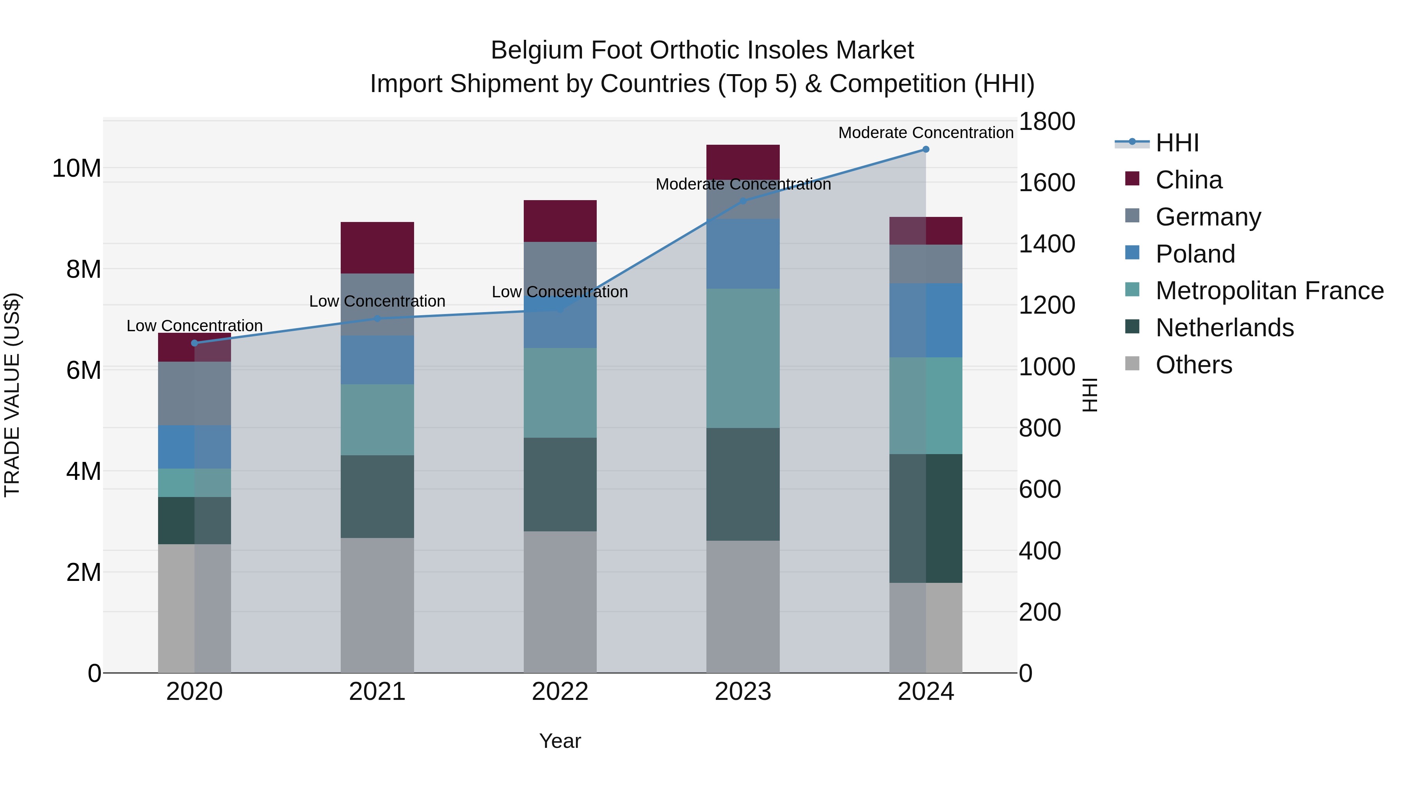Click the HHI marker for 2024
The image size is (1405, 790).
click(x=926, y=149)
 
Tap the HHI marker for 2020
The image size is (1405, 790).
click(x=195, y=343)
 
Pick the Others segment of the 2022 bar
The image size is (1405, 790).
click(x=560, y=602)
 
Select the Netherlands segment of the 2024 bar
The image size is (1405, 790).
click(x=926, y=518)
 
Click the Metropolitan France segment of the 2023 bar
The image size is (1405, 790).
click(x=743, y=358)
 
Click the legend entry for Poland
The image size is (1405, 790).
click(x=1195, y=254)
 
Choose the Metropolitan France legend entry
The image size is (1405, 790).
click(x=1269, y=291)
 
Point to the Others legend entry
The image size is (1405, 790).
click(x=1193, y=365)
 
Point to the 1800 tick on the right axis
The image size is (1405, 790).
click(x=1046, y=122)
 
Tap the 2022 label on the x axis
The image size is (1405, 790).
click(x=560, y=692)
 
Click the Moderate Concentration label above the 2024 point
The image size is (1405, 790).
click(x=926, y=133)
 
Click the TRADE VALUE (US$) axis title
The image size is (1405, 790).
click(x=12, y=395)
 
